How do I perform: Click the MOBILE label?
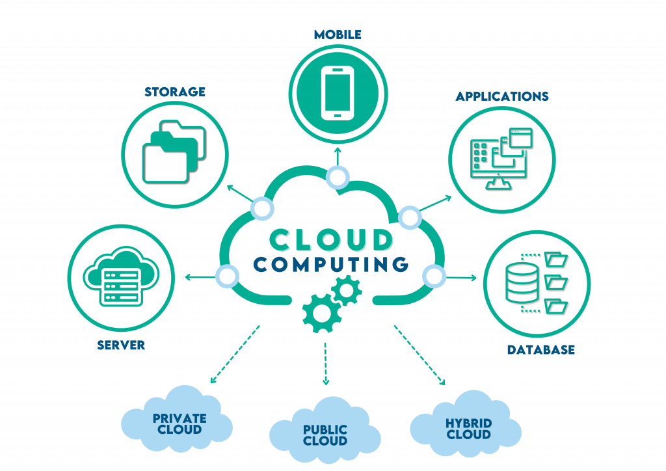tap(338, 34)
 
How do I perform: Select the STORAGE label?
tap(175, 92)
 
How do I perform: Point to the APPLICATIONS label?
tap(501, 97)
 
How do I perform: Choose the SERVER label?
tap(121, 345)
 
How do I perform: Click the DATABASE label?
tap(541, 350)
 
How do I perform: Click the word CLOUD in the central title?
tap(332, 239)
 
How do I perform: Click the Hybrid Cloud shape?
tap(467, 424)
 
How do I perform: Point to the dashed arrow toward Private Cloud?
tap(234, 355)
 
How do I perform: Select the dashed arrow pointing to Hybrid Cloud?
tap(420, 355)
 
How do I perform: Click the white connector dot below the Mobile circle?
tap(338, 176)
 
